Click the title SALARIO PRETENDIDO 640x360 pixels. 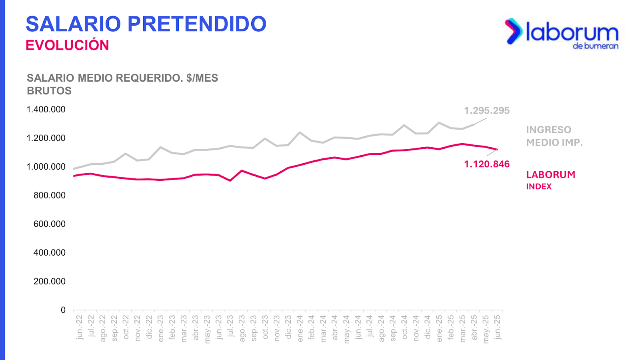click(146, 24)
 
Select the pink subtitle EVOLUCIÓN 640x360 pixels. click(67, 45)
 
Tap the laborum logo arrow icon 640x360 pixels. click(514, 31)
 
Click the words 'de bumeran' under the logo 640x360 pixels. click(596, 46)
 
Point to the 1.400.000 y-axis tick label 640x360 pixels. click(46, 110)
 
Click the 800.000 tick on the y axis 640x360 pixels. click(50, 195)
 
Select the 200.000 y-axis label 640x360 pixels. click(50, 281)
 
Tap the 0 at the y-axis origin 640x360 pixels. click(63, 310)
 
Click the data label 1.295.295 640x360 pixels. click(487, 111)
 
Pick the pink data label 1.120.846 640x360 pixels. click(487, 164)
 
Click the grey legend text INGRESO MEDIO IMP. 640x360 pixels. click(554, 136)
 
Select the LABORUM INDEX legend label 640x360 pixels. click(550, 180)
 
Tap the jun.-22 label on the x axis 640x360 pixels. click(80, 327)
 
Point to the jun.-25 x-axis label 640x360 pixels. click(497, 327)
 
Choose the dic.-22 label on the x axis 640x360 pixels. click(149, 327)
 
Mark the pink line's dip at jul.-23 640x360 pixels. click(230, 180)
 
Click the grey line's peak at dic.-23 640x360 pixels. click(300, 132)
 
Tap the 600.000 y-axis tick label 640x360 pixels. click(50, 224)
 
